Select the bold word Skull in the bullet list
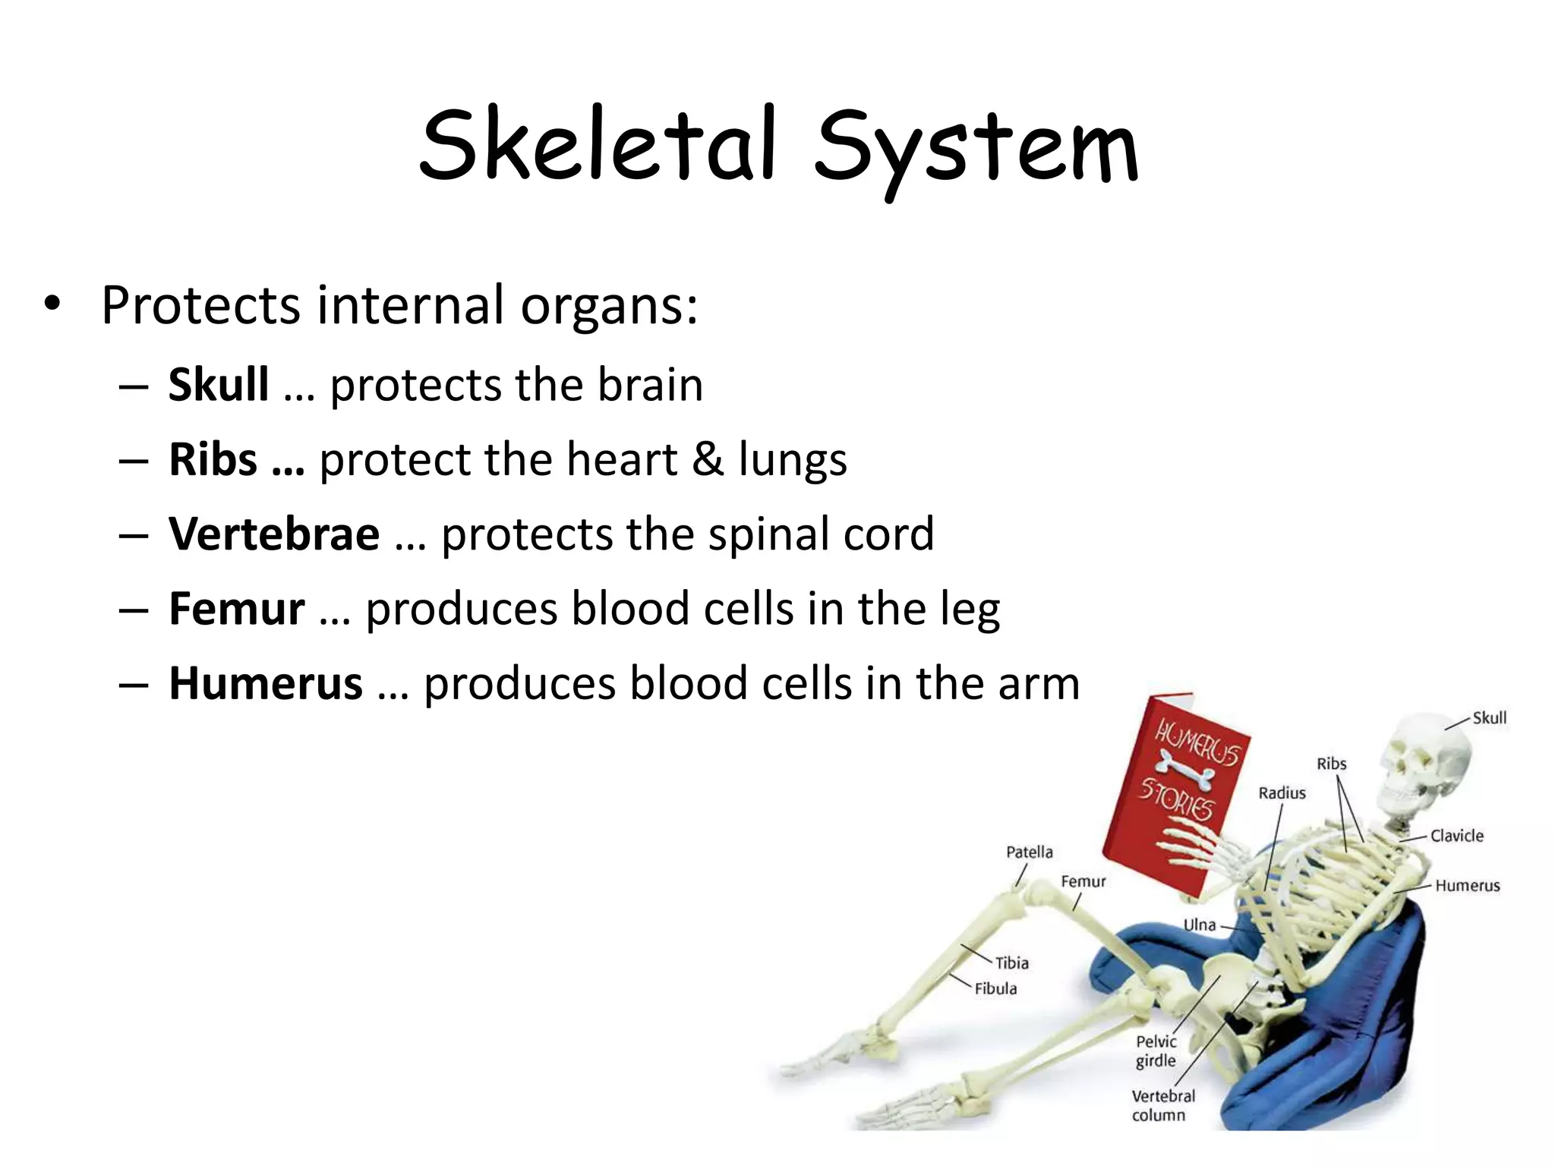click(x=219, y=384)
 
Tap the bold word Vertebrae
click(x=274, y=534)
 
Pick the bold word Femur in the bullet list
click(x=237, y=608)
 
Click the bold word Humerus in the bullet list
click(x=266, y=683)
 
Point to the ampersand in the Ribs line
click(x=708, y=459)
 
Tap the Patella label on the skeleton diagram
click(x=1029, y=852)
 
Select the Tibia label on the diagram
click(x=1012, y=963)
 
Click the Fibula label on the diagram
click(x=995, y=988)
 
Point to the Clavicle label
click(x=1456, y=836)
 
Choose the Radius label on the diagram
click(x=1282, y=793)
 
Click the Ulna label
click(x=1200, y=925)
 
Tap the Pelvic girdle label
click(x=1156, y=1051)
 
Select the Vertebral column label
click(x=1162, y=1105)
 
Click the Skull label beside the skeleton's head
click(x=1489, y=717)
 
